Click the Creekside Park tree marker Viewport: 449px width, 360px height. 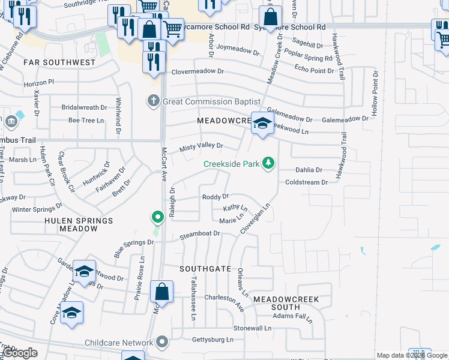270,163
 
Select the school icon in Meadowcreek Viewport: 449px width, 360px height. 262,124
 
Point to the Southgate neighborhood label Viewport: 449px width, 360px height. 206,269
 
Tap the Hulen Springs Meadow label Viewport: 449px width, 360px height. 79,224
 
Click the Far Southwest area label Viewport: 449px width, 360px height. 59,62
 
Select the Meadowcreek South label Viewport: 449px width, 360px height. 285,302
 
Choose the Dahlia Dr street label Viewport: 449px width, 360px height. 309,170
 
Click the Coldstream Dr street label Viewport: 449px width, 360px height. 307,182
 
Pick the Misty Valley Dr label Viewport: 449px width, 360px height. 201,146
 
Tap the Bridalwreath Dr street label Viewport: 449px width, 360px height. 84,107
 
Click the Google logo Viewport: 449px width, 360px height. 20,353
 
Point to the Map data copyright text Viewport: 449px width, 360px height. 412,356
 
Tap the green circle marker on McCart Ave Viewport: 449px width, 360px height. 157,216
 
